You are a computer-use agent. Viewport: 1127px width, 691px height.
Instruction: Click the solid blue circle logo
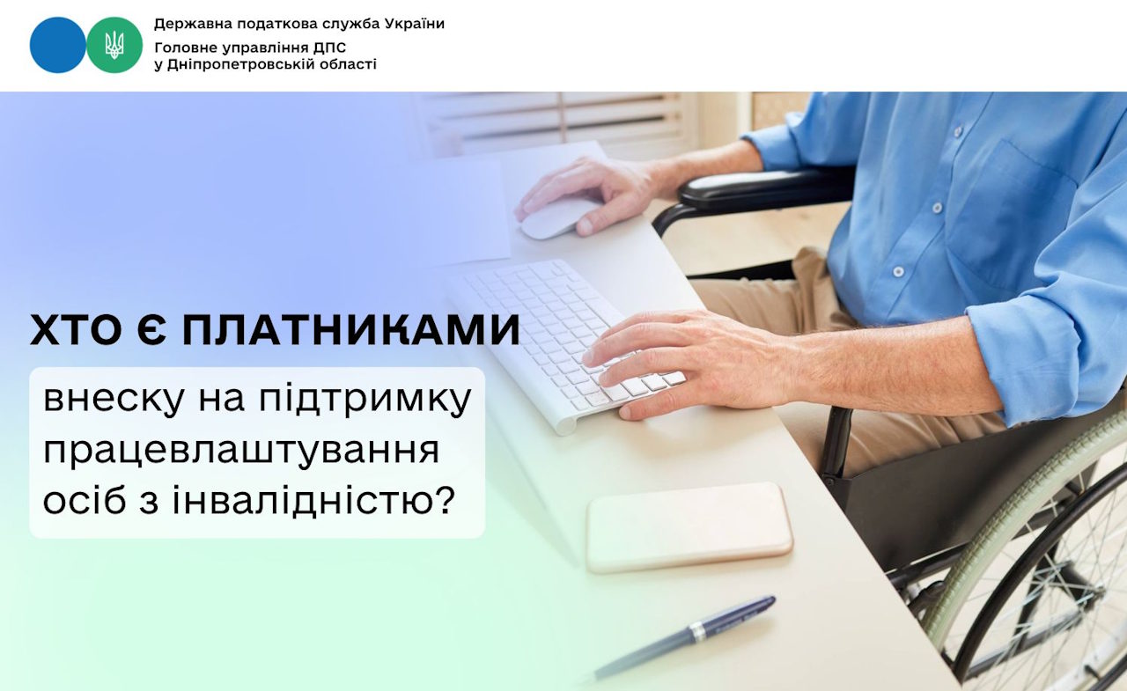pyautogui.click(x=58, y=45)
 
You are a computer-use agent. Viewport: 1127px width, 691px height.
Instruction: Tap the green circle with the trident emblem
pyautogui.click(x=114, y=45)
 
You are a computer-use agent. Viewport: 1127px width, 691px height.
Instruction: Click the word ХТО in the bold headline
pyautogui.click(x=71, y=332)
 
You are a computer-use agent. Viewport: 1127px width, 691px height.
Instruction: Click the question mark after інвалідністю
pyautogui.click(x=445, y=500)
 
